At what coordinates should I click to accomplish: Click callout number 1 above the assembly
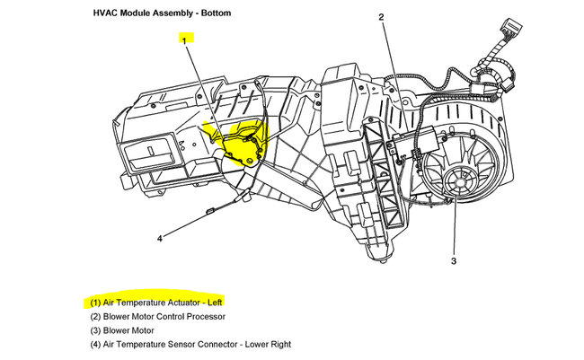pyautogui.click(x=184, y=40)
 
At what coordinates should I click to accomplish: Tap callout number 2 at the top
pyautogui.click(x=381, y=18)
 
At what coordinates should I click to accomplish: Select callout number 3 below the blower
pyautogui.click(x=454, y=261)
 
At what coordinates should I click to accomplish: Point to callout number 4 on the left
pyautogui.click(x=159, y=238)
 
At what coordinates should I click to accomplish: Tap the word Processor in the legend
pyautogui.click(x=201, y=316)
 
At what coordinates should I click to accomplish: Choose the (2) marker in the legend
pyautogui.click(x=95, y=316)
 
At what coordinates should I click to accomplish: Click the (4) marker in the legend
pyautogui.click(x=95, y=344)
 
